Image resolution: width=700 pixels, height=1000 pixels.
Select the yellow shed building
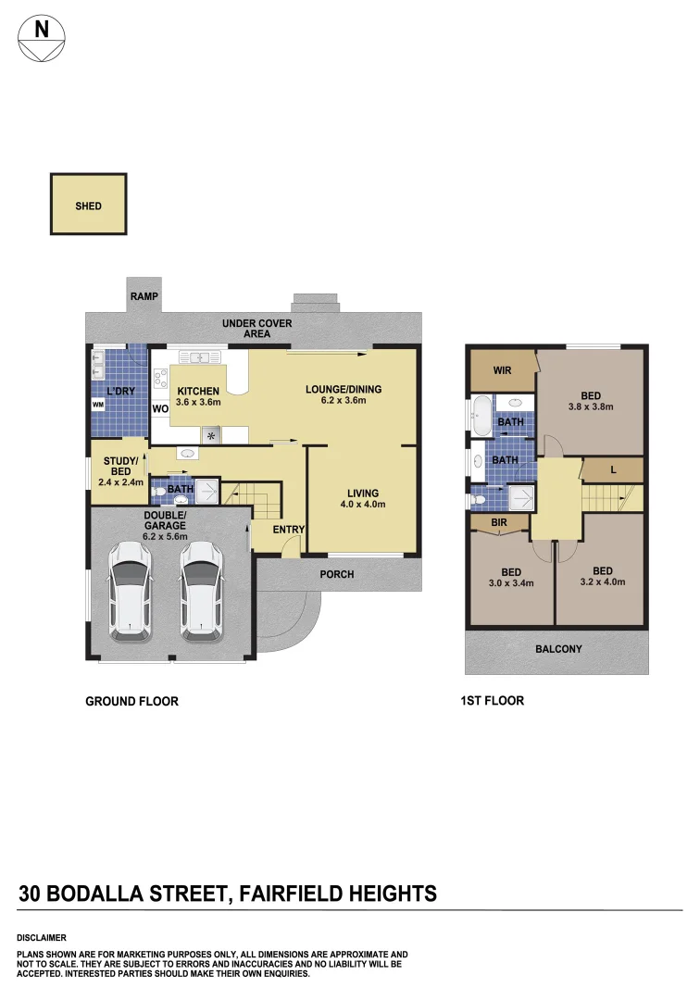[x=89, y=206]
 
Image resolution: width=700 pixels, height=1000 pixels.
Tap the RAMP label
[x=144, y=297]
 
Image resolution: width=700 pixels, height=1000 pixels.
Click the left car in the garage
[x=130, y=591]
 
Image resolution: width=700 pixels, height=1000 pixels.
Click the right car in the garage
[x=201, y=591]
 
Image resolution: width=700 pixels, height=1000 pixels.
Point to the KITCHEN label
[x=198, y=391]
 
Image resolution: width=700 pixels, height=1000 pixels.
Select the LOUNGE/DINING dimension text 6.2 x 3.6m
[x=344, y=401]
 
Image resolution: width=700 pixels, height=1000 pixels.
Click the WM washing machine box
[x=97, y=405]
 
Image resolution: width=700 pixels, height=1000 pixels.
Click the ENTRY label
[x=289, y=530]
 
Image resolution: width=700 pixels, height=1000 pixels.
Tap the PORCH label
[x=337, y=574]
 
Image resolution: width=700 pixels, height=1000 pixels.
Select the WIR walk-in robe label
[x=502, y=370]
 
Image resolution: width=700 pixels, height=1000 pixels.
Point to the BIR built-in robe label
[x=498, y=522]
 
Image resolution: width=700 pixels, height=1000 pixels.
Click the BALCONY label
[x=558, y=649]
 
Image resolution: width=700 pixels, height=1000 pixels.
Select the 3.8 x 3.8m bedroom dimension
[x=591, y=406]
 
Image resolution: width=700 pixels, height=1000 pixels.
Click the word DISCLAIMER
[x=41, y=937]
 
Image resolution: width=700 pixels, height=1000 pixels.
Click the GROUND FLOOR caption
[x=131, y=701]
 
